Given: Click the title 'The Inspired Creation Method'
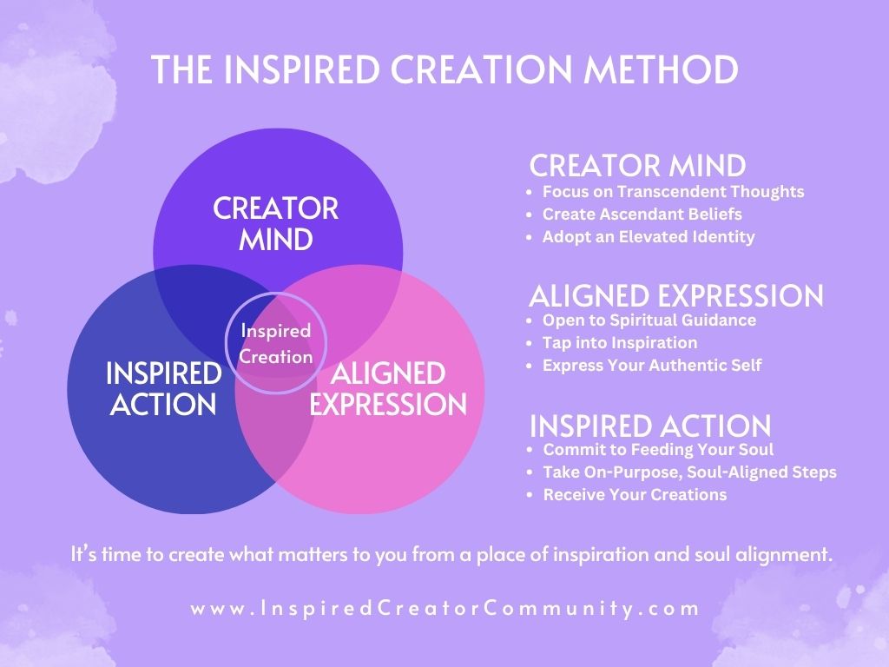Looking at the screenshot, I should tap(444, 70).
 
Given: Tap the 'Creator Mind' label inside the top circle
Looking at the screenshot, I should tap(275, 223).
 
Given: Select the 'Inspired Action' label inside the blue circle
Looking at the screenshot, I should tap(163, 389).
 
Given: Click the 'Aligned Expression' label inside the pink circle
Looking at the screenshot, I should tap(388, 389).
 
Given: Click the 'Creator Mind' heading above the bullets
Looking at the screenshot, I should tap(637, 165).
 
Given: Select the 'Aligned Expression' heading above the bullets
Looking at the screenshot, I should tap(675, 295).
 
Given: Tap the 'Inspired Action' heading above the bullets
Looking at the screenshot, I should tap(649, 426).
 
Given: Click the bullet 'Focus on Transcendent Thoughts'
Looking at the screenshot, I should tap(673, 191).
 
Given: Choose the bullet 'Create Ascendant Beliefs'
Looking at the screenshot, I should tap(642, 214).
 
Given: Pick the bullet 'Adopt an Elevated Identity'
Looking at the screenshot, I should tap(649, 236).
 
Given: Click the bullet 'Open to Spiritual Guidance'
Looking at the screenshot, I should tap(649, 320).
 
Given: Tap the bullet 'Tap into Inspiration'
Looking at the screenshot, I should tap(619, 342).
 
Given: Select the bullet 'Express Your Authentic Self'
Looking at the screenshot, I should tap(651, 365).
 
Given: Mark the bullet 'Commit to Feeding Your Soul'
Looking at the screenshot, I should tap(657, 450).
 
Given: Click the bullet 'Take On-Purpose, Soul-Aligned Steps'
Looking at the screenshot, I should tap(689, 472).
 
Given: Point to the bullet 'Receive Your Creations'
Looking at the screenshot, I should tap(634, 495).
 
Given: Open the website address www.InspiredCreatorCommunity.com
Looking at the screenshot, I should tap(444, 608).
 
